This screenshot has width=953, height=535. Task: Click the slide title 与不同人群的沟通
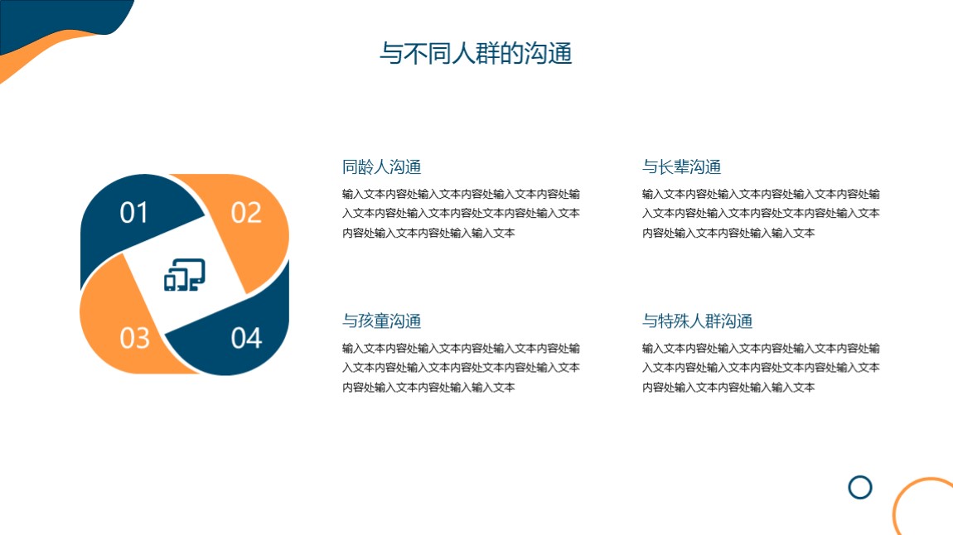(x=476, y=54)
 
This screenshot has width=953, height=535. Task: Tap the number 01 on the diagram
(x=133, y=213)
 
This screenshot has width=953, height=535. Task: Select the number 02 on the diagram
(x=246, y=213)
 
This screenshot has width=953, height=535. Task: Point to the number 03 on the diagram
(x=134, y=338)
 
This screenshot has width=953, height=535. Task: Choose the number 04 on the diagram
(x=246, y=338)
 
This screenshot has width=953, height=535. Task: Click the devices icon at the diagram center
(x=185, y=274)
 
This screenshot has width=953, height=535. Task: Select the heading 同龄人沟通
(x=382, y=167)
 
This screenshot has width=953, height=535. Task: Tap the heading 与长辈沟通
(x=682, y=167)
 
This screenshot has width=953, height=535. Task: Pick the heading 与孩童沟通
(x=382, y=321)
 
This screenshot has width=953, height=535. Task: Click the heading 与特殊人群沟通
(x=698, y=321)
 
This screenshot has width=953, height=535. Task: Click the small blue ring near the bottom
(x=860, y=476)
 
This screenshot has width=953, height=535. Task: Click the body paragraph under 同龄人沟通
(x=461, y=213)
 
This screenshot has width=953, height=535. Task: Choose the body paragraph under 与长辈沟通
(x=761, y=213)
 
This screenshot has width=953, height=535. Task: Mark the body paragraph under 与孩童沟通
(x=461, y=368)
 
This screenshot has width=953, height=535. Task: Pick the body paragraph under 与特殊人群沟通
(x=761, y=368)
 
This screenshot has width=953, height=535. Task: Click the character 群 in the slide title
(x=488, y=54)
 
